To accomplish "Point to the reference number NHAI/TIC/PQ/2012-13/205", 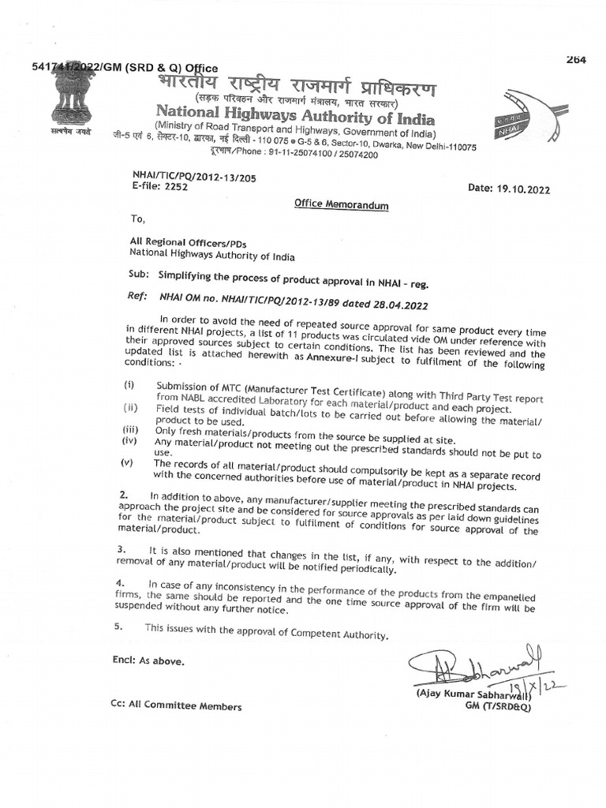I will coord(195,178).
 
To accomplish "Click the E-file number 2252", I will coord(175,188).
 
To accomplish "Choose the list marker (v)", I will coord(127,463).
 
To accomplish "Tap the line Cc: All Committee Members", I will coord(176,706).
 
